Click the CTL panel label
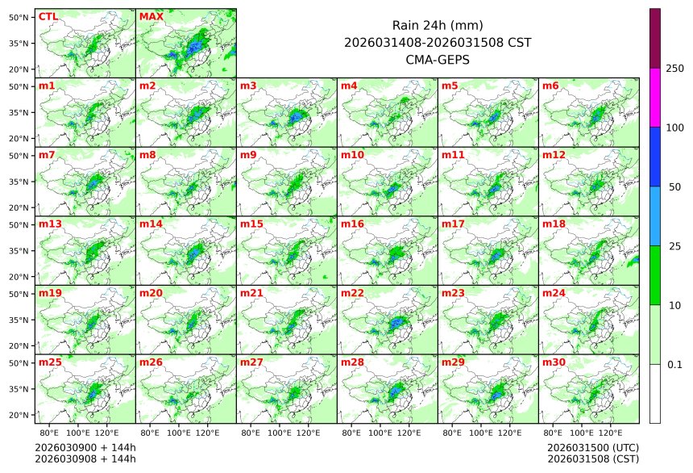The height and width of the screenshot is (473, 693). [48, 16]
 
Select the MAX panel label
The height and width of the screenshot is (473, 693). [151, 16]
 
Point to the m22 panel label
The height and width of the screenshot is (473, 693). [352, 293]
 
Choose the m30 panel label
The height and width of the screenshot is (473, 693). [554, 362]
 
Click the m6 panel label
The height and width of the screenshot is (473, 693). [550, 86]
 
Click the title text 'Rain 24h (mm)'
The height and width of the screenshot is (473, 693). [438, 25]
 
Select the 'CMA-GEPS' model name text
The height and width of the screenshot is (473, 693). [438, 59]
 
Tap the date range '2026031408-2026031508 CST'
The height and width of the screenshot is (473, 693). [438, 42]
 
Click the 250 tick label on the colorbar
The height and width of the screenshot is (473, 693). [675, 69]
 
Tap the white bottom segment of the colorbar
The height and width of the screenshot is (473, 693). [655, 393]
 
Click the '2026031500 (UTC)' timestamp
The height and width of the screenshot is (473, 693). [592, 447]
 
